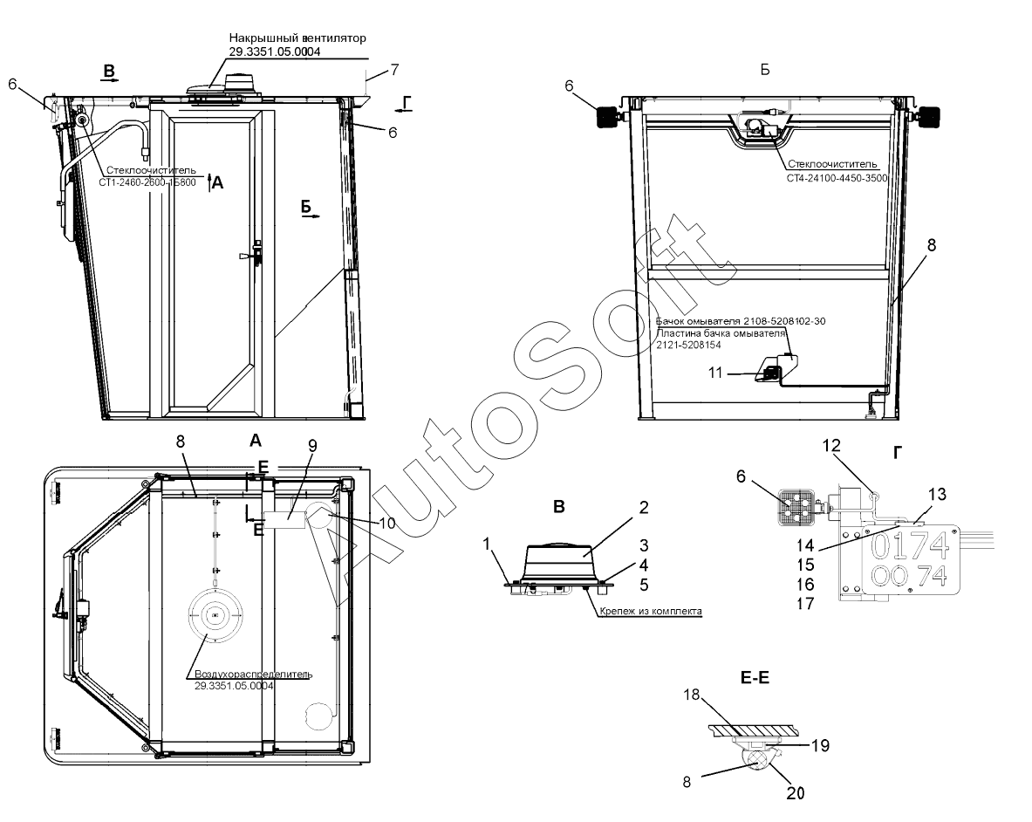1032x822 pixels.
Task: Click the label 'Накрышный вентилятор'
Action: click(x=297, y=38)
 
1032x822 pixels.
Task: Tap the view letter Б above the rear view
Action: click(x=764, y=69)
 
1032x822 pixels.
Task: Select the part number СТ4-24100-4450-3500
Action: click(x=837, y=177)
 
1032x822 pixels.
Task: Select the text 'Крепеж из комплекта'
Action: click(x=651, y=612)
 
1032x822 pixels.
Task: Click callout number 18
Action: click(x=692, y=695)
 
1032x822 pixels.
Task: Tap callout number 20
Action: click(x=796, y=793)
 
